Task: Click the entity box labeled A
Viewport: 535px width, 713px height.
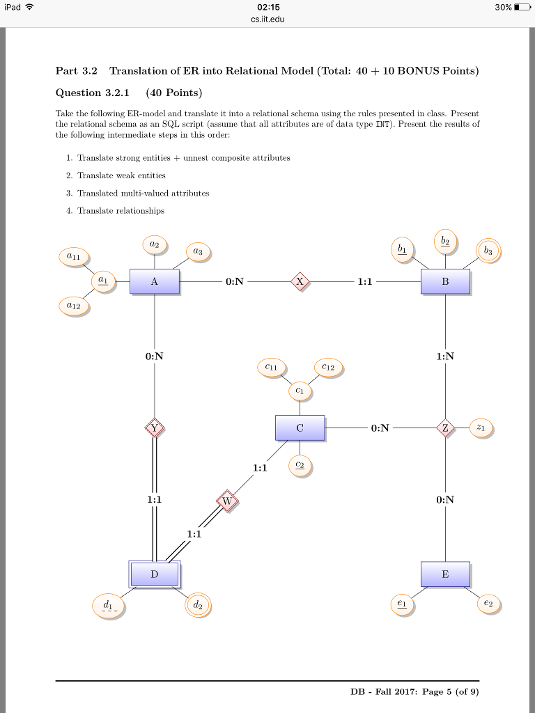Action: pyautogui.click(x=154, y=281)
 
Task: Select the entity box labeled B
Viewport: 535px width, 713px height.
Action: pyautogui.click(x=445, y=281)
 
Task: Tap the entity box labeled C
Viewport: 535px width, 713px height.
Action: pyautogui.click(x=300, y=428)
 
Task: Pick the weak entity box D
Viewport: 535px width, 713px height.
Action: pyautogui.click(x=155, y=574)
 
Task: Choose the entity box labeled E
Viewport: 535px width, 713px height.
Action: pyautogui.click(x=445, y=574)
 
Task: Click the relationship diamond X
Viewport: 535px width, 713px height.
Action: pyautogui.click(x=300, y=281)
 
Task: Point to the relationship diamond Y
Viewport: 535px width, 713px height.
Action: pyautogui.click(x=155, y=428)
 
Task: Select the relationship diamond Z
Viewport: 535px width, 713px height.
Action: pyautogui.click(x=445, y=428)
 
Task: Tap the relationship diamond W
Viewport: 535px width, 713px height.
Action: pyautogui.click(x=227, y=501)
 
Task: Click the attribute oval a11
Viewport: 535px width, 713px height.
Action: pyautogui.click(x=73, y=257)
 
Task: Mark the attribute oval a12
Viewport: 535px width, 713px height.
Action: pyautogui.click(x=73, y=306)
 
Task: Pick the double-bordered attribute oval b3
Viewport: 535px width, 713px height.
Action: pyautogui.click(x=488, y=251)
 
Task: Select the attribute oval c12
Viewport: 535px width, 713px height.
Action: pyautogui.click(x=329, y=367)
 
